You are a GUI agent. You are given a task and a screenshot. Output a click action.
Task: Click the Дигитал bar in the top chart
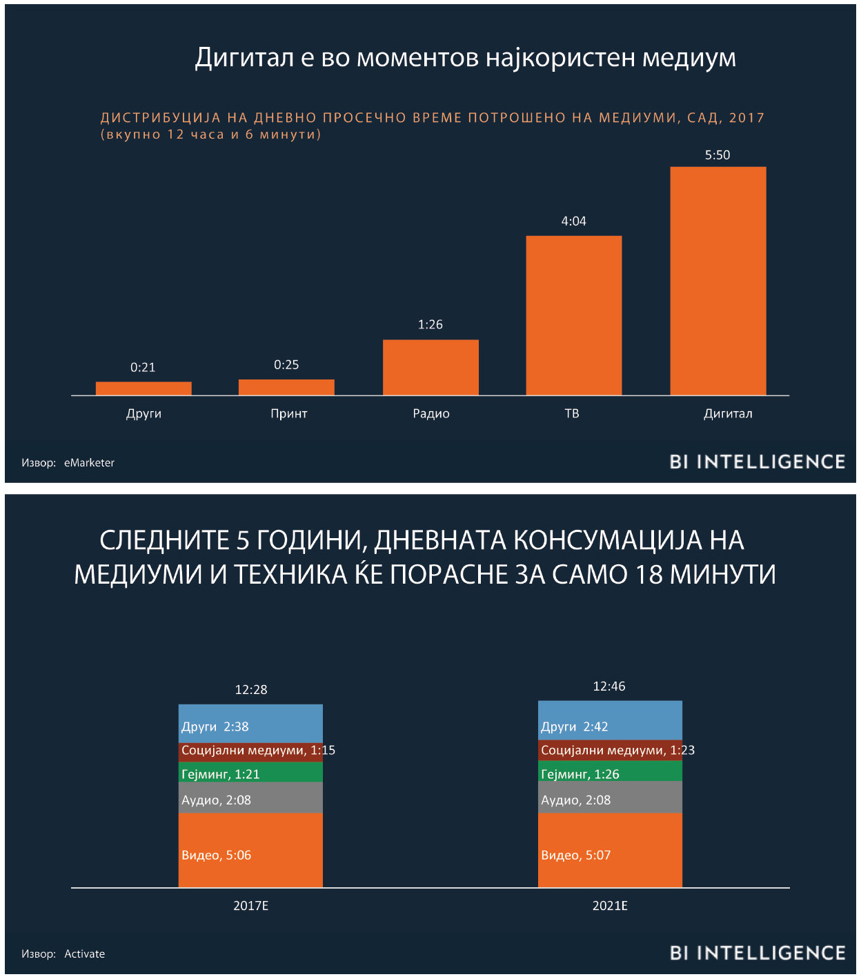coord(717,281)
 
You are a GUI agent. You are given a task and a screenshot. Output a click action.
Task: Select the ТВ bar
coord(573,315)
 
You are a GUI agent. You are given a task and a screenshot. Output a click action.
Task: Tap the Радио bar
coord(430,367)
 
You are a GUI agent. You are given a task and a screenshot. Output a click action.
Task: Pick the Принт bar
coord(286,387)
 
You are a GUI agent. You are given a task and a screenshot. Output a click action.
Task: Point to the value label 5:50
coord(717,155)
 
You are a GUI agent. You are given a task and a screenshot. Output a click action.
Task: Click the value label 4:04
coord(573,221)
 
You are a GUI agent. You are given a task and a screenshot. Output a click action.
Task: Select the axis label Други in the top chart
coord(143,414)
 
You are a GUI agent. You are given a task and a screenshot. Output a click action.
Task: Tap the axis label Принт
coord(288,414)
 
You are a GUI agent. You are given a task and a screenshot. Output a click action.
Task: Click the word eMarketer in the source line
coord(89,463)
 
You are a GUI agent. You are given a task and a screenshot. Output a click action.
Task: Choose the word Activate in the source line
coord(84,954)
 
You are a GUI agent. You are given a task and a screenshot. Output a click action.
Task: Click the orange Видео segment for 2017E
coord(250,850)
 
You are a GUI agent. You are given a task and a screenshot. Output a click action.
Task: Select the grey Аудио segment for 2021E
coord(610,798)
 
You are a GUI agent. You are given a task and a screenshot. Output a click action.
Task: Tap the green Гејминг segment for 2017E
coord(250,772)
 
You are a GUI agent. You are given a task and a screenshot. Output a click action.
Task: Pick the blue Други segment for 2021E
coord(610,720)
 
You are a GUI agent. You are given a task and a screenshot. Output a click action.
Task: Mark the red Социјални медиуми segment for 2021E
coord(610,751)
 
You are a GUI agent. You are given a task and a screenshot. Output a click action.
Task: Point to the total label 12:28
coord(250,690)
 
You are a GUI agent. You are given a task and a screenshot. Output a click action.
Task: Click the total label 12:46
coord(609,686)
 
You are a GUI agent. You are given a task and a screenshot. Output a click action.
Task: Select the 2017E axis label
coord(250,906)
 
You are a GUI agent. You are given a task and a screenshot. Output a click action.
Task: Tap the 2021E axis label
coord(610,906)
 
